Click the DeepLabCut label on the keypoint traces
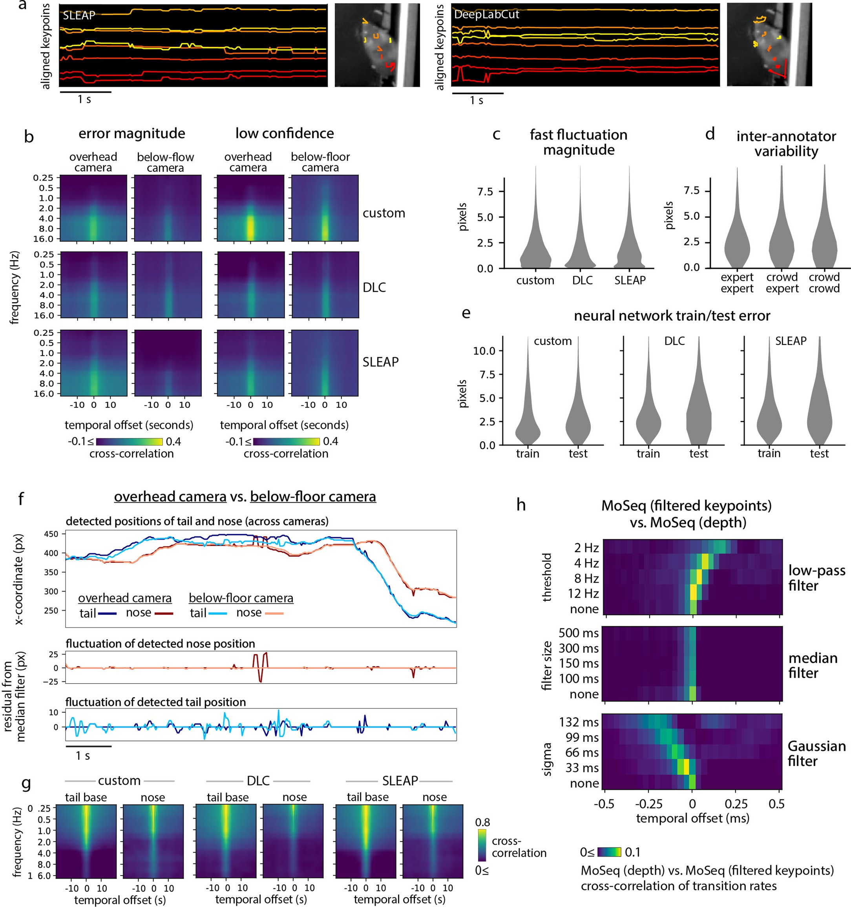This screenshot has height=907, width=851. point(486,15)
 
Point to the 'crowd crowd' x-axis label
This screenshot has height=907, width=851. point(824,283)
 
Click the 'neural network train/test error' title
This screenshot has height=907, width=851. point(672,316)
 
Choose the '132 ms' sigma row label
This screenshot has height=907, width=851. point(578,722)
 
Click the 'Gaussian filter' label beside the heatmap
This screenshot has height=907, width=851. point(816,753)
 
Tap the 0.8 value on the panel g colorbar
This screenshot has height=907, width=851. point(482,822)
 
